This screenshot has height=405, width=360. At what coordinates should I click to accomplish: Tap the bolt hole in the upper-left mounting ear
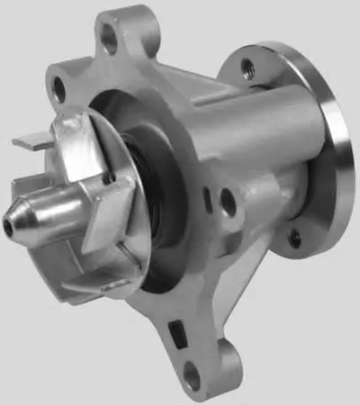coord(58,87)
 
